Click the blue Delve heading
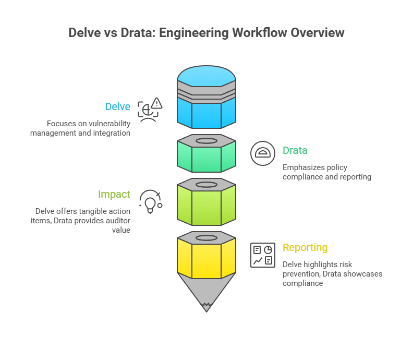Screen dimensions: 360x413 click(117, 106)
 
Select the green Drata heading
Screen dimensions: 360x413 click(295, 150)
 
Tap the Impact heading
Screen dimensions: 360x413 click(114, 194)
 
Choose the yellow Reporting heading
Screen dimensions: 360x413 click(305, 247)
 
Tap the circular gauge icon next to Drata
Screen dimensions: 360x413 click(263, 153)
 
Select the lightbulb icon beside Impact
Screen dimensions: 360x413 click(150, 202)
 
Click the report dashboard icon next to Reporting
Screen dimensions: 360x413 click(263, 255)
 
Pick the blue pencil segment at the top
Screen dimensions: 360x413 click(207, 112)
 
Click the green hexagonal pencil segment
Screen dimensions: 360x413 click(207, 159)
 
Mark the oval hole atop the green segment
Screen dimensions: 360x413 click(207, 140)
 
